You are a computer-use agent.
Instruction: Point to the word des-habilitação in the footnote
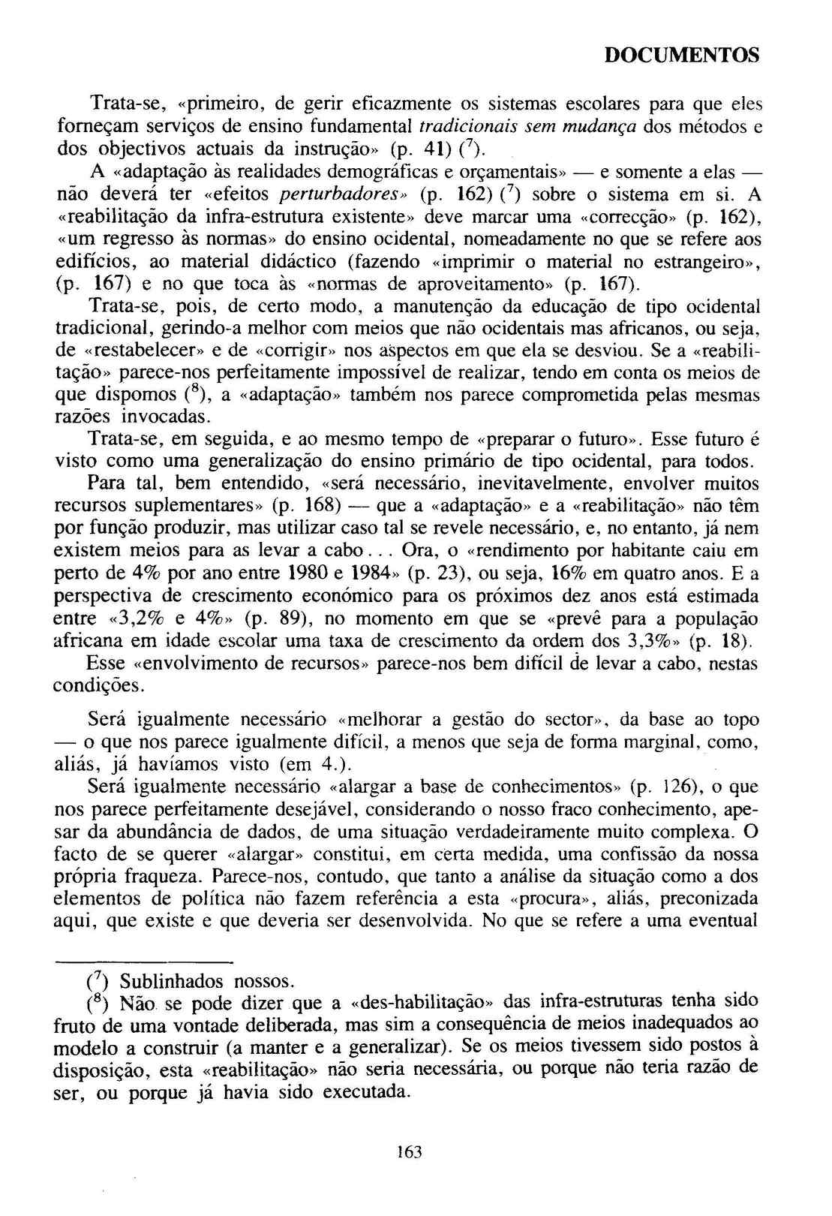[429, 1003]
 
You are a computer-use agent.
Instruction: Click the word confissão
[659, 854]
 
